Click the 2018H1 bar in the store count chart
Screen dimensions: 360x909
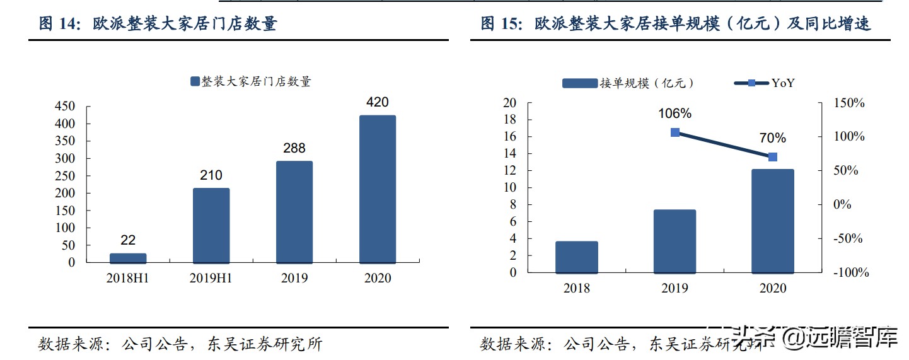point(128,258)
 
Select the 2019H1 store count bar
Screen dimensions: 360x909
point(211,225)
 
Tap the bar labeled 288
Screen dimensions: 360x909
point(294,212)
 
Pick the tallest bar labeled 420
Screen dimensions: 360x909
point(378,189)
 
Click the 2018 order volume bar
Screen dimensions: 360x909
point(577,257)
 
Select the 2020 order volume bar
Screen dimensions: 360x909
point(773,221)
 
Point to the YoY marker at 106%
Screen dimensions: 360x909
point(675,132)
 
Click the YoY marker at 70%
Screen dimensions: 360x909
point(773,157)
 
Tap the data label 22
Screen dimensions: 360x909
point(128,240)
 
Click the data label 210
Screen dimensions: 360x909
point(211,175)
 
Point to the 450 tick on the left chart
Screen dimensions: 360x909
point(65,107)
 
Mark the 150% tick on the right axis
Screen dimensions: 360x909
point(849,103)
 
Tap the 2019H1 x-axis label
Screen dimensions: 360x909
point(211,278)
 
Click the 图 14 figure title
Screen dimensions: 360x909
point(158,24)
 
